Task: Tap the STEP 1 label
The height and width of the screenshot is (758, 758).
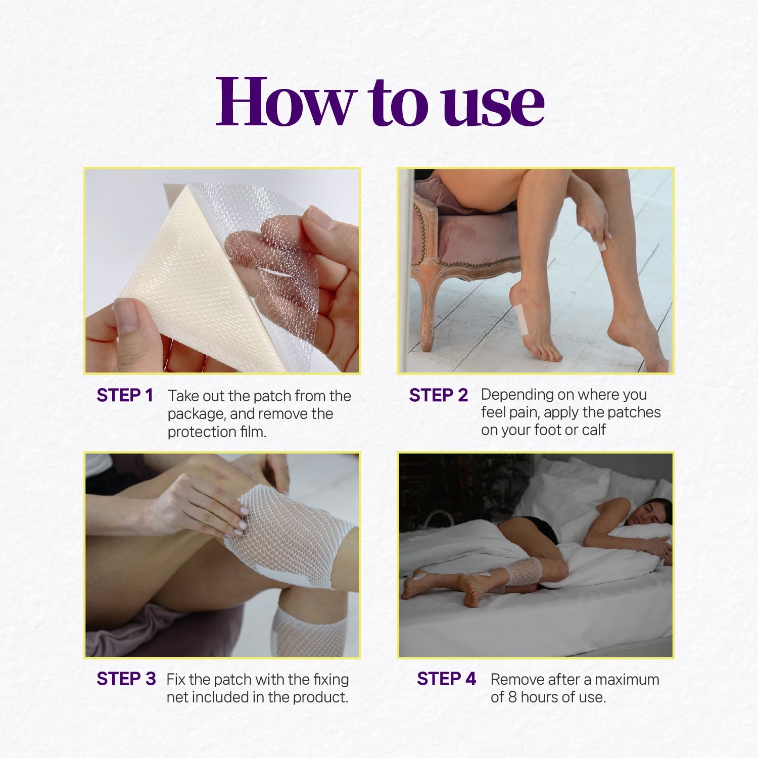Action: click(x=125, y=395)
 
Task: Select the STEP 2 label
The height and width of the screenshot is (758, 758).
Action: click(x=439, y=395)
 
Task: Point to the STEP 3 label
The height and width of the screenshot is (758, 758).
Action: click(x=126, y=679)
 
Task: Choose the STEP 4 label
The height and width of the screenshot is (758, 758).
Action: click(x=447, y=679)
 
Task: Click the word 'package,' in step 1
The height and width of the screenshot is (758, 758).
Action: click(x=197, y=414)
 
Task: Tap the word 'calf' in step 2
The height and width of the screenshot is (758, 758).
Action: click(x=594, y=430)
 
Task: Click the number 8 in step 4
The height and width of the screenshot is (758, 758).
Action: click(x=512, y=697)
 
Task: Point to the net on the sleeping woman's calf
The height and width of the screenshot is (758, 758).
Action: click(x=524, y=572)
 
